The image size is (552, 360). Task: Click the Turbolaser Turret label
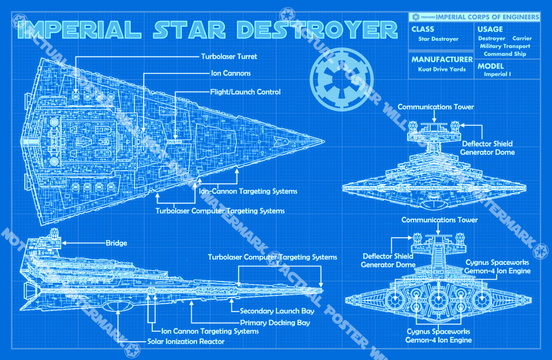(x=229, y=57)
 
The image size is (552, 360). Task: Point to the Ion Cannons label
(x=230, y=73)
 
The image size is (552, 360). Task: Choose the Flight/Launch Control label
(x=245, y=92)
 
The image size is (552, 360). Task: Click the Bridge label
(x=116, y=243)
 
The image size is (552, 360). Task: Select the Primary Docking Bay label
(x=275, y=323)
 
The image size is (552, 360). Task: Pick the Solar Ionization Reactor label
(x=186, y=342)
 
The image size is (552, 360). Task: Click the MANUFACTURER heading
(x=442, y=59)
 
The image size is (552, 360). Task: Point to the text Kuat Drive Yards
(x=442, y=70)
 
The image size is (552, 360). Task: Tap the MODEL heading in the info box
(x=490, y=66)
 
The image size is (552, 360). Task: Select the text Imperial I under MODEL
(x=497, y=74)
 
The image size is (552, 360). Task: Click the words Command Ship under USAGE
(x=505, y=54)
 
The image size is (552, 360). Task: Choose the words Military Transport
(x=505, y=46)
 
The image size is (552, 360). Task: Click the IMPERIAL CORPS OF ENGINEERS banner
(x=487, y=17)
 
